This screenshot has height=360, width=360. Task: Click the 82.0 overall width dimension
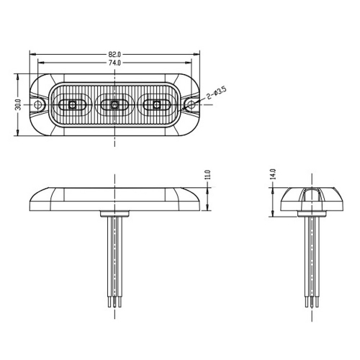coord(114,53)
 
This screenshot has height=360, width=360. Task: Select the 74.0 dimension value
coord(114,63)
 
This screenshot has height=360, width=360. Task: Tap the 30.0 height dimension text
coord(17,105)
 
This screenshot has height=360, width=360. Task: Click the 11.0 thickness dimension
coord(207,174)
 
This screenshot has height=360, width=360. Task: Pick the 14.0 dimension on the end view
coord(273,174)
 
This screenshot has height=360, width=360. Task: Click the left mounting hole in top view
coord(38,106)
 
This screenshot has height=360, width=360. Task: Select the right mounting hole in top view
coord(191,106)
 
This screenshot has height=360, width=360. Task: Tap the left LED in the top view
coord(73,106)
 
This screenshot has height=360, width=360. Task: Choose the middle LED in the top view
coord(114,106)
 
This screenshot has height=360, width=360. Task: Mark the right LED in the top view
coord(154,106)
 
